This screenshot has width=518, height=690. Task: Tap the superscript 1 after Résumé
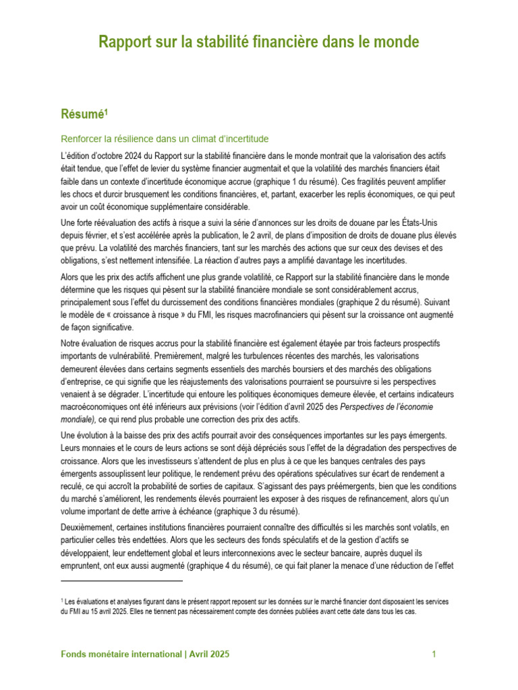[x=107, y=111]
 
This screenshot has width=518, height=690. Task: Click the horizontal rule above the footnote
[x=121, y=580]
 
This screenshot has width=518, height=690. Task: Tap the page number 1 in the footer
[x=434, y=654]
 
